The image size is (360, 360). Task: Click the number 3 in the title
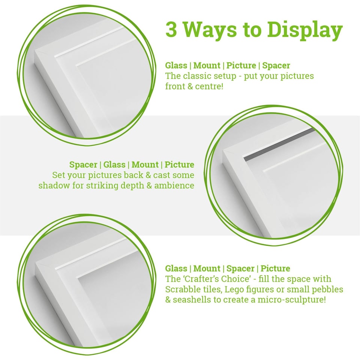coord(171,30)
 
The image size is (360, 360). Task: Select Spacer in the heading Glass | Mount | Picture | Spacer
coord(276,66)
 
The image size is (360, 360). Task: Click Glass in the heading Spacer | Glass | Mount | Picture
coord(114,165)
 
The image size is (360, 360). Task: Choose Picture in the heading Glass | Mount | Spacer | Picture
coord(275,268)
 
